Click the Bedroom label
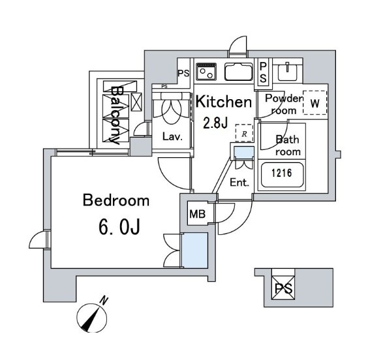click(116, 200)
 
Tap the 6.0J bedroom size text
click(119, 227)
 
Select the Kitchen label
click(224, 102)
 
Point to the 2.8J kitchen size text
click(215, 123)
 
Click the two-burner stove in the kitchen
click(206, 72)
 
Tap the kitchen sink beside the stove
click(239, 72)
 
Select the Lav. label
click(172, 137)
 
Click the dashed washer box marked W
click(314, 103)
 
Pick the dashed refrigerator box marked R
click(244, 133)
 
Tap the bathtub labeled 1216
click(282, 175)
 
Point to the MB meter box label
click(198, 215)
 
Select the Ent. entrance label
click(239, 183)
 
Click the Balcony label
click(115, 115)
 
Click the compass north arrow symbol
click(92, 318)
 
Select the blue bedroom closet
click(195, 250)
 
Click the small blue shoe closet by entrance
click(244, 153)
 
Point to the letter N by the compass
click(104, 300)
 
